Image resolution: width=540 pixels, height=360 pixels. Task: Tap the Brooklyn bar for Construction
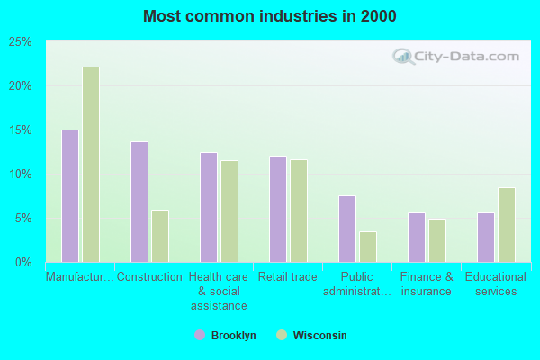[139, 202]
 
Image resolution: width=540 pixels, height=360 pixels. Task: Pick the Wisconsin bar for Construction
[160, 236]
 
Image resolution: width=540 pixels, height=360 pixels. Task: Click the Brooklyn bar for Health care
[209, 207]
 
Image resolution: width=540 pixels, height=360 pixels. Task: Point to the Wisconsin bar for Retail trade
[299, 211]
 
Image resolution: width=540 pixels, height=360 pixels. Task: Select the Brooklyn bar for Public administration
[347, 229]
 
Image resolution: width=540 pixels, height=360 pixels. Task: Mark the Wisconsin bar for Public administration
[368, 247]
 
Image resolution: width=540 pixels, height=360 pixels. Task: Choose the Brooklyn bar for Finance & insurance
[417, 238]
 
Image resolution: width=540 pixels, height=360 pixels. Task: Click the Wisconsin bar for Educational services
[507, 225]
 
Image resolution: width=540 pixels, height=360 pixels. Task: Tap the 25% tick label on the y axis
[21, 42]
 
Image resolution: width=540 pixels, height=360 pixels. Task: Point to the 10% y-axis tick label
[21, 174]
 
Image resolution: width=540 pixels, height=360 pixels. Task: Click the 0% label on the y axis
[23, 262]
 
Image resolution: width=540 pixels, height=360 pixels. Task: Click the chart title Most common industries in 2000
[270, 16]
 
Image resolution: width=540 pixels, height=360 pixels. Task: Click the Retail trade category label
[288, 277]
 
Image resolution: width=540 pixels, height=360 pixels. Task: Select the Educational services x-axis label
[496, 284]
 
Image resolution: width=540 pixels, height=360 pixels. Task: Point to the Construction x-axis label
[149, 277]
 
